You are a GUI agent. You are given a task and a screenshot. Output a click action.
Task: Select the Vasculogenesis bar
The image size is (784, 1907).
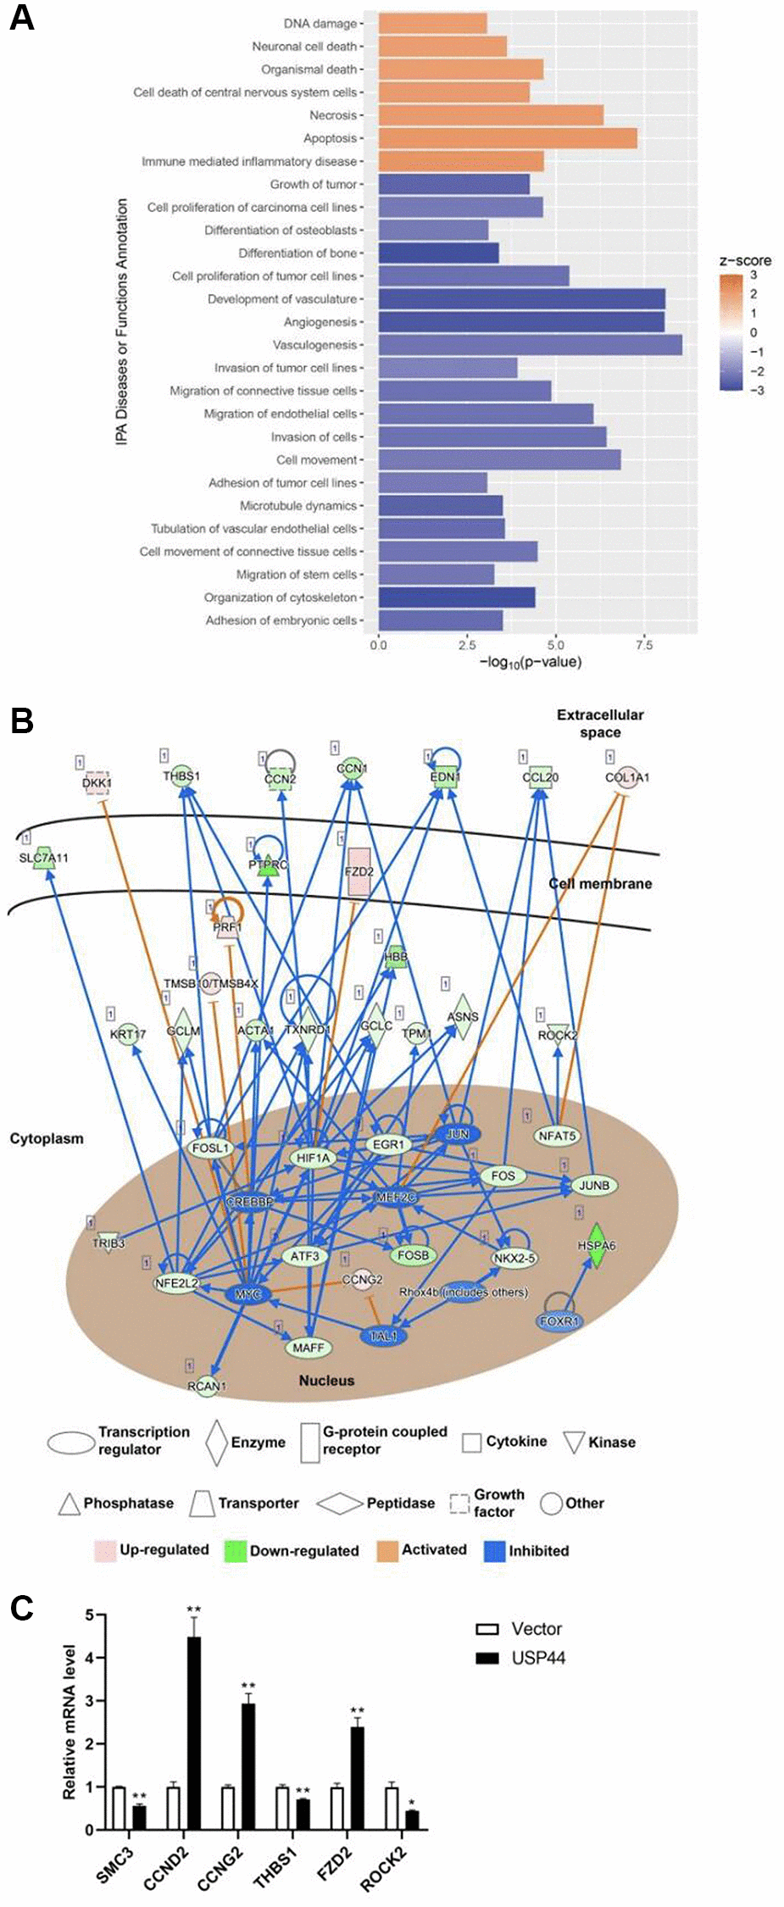tap(530, 345)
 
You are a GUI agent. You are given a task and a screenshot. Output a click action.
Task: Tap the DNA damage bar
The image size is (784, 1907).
tap(432, 24)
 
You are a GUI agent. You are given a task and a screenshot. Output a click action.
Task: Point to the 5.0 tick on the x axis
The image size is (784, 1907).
tap(555, 646)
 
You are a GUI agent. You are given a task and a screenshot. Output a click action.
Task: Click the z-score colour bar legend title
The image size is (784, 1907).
tap(745, 260)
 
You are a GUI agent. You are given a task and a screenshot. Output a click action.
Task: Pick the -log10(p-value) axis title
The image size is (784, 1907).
tap(531, 662)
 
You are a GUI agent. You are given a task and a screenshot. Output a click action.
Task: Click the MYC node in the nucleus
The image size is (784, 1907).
tap(247, 1295)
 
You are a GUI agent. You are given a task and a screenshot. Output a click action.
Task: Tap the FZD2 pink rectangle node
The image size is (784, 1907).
tap(359, 871)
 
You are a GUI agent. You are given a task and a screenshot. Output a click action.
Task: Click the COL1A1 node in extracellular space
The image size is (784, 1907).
tap(627, 777)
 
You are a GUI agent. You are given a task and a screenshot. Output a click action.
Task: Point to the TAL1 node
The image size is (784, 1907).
tap(383, 1337)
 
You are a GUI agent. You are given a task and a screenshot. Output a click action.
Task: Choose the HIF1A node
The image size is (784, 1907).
tap(314, 1158)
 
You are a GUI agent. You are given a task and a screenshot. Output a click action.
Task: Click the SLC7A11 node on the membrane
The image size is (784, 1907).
tap(44, 858)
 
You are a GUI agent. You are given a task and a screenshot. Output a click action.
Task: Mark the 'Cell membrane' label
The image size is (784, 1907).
tap(600, 883)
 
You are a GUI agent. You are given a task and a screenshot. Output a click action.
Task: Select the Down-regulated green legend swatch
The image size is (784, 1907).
tap(235, 1551)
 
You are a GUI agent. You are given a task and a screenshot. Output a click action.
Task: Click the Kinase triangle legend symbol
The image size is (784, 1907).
tap(575, 1443)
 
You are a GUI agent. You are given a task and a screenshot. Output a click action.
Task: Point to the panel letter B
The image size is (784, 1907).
tap(21, 720)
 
